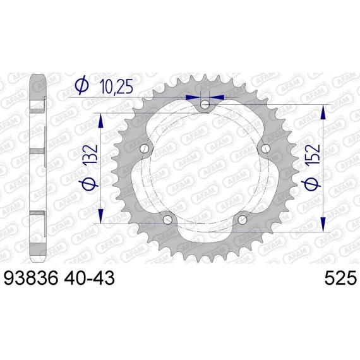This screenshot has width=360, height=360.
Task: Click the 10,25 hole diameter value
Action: (117, 87)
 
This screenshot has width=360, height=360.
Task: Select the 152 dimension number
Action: (312, 154)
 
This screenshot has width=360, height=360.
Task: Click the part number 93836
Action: (30, 278)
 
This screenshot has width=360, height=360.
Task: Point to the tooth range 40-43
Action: (89, 278)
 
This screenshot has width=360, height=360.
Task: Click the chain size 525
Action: (340, 278)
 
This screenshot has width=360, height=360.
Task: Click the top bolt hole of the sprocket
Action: (205, 105)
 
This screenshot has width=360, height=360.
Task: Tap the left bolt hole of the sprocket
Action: (145, 148)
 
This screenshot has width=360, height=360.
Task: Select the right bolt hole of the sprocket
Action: (265, 148)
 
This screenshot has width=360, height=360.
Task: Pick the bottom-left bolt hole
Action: (167, 220)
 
